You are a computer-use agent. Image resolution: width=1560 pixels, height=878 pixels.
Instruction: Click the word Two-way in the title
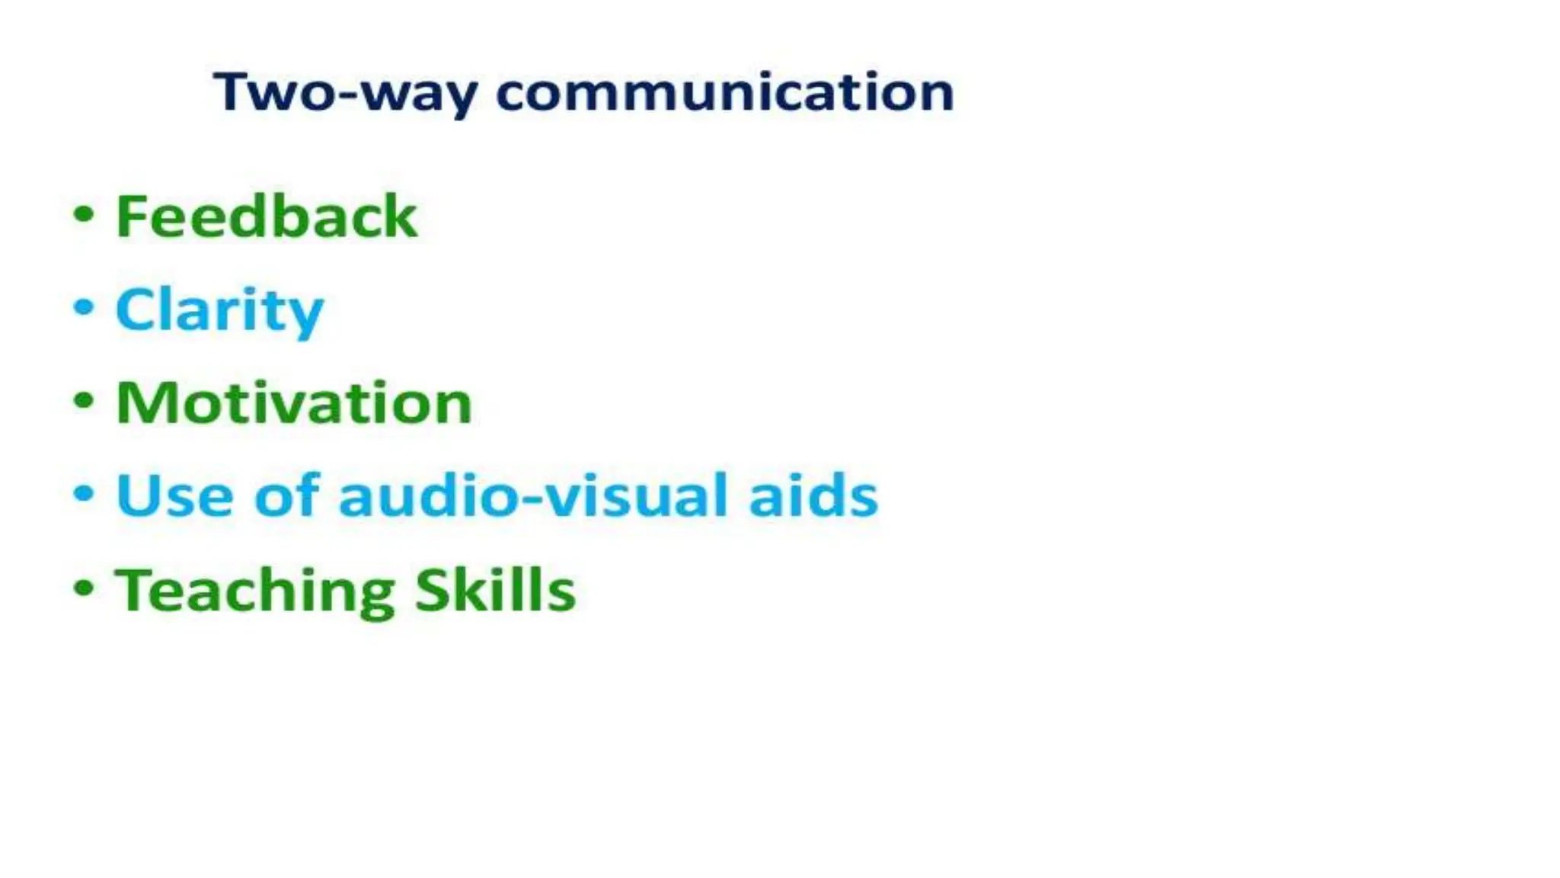click(x=346, y=93)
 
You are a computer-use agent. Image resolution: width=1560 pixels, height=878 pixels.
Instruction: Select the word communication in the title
click(x=724, y=93)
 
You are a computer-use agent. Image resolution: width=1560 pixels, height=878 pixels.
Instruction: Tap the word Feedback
click(x=266, y=216)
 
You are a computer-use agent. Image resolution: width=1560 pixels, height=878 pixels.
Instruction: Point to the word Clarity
click(x=219, y=311)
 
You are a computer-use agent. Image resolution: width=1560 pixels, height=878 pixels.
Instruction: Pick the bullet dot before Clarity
click(x=84, y=307)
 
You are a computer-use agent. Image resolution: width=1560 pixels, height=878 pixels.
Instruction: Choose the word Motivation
click(x=294, y=402)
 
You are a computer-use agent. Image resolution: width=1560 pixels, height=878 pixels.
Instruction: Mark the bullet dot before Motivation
click(x=84, y=400)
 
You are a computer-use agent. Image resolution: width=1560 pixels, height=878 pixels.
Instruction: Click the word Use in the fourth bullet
click(x=174, y=496)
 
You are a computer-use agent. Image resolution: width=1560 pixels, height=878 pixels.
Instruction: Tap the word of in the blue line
click(x=286, y=495)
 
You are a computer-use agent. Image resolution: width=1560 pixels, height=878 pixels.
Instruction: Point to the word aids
click(x=814, y=495)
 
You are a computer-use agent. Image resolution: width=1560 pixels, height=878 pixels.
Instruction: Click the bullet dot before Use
click(x=84, y=493)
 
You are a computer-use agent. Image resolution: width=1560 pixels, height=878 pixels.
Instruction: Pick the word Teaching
click(x=255, y=591)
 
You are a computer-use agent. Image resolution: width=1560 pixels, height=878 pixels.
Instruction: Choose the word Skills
click(x=495, y=590)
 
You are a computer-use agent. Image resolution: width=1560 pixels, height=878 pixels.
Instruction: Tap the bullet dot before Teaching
click(x=84, y=588)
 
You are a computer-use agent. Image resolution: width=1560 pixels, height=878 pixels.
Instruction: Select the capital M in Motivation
click(x=142, y=402)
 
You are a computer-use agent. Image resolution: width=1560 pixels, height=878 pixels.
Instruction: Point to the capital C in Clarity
click(x=136, y=309)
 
